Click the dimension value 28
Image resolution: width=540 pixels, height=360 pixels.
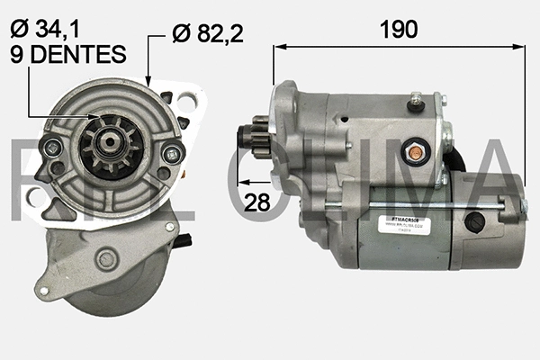257,202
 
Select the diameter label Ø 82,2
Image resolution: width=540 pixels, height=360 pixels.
210,34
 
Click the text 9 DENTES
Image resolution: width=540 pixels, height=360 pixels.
67,55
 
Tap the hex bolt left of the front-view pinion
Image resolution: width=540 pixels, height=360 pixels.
54,148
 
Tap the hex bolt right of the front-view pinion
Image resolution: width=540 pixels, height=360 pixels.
168,154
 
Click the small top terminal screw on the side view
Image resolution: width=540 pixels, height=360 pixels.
415,104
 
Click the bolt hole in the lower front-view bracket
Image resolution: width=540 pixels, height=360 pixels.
106,259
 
